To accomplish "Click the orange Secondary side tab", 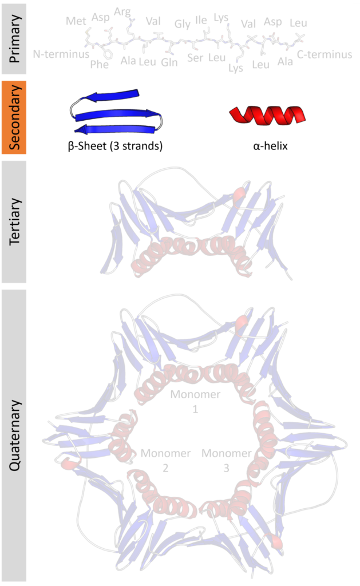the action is pos(14,117).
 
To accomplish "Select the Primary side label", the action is pos(14,38).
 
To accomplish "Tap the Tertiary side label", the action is pos(14,221).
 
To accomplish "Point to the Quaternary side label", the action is pos(14,435).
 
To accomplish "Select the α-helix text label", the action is pos(270,146).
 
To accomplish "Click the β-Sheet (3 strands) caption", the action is pos(115,146).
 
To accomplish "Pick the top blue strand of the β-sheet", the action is pos(110,96).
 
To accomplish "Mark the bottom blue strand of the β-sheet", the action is pos(115,129).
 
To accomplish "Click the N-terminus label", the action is pos(61,54).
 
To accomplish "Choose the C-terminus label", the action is pos(325,54).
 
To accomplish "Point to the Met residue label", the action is pos(76,21).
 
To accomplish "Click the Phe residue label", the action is pos(100,64).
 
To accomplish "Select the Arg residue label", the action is pos(122,12).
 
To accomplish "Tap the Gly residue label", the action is pos(183,24).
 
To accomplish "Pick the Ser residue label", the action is pos(195,58).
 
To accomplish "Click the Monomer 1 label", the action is pos(195,401).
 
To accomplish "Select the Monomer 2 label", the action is pos(165,461).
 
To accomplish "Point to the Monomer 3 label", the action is pos(226,461).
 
